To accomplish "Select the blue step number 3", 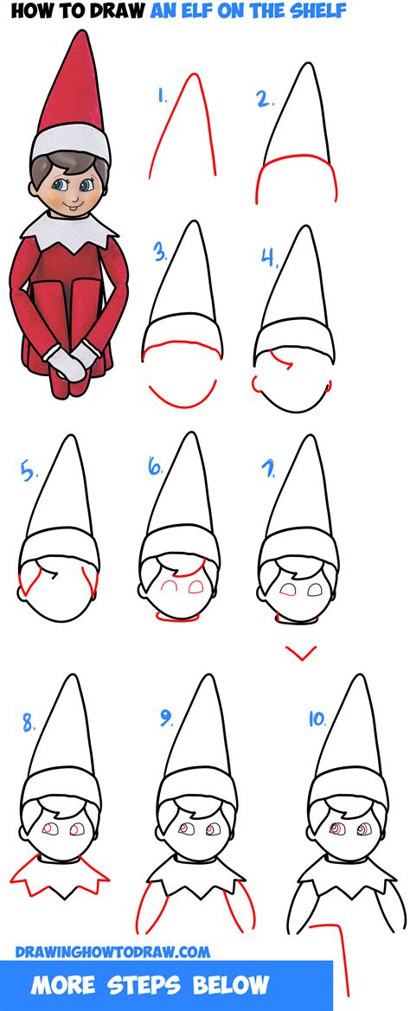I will point(160,253).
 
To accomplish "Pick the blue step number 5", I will point(29,473).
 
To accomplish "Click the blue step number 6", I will point(156,468).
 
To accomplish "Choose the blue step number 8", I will point(28,720).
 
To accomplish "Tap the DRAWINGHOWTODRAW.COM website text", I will point(112,951).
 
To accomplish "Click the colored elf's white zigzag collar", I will point(70,229).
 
